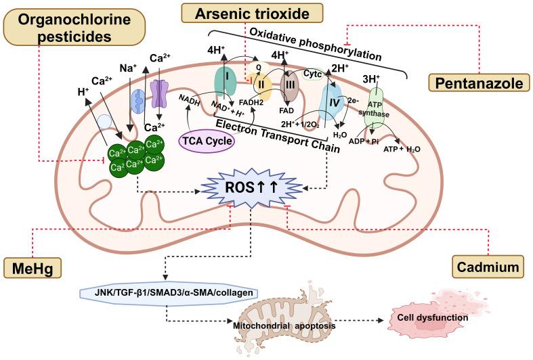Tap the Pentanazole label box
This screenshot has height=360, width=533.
[x=478, y=84]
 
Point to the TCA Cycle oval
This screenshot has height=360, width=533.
[x=207, y=141]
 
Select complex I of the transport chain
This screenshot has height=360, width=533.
[x=226, y=83]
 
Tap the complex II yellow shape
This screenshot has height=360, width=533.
[x=263, y=85]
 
